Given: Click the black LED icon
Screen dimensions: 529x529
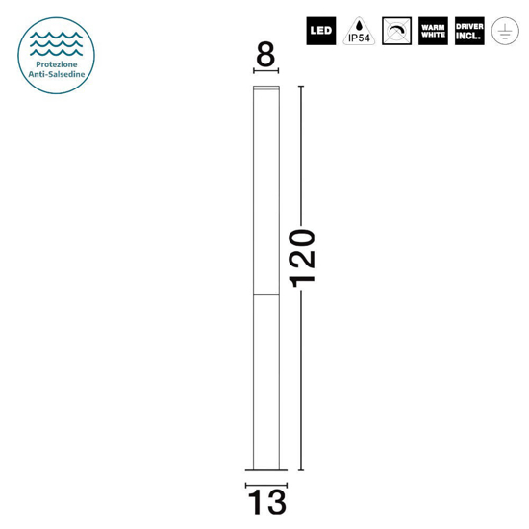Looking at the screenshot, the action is (x=321, y=31).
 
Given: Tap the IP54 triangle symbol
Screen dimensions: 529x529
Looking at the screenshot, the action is (x=359, y=32).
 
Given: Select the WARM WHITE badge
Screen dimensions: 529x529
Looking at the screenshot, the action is (x=433, y=31).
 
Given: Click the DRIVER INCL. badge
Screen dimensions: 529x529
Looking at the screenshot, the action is (x=469, y=31).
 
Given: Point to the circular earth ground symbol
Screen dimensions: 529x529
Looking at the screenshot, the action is (x=505, y=31).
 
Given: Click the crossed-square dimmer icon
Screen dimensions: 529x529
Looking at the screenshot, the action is (x=396, y=31).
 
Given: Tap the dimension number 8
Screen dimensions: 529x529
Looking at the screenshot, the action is (x=265, y=54).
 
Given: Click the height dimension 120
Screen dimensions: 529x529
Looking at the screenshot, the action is (x=303, y=258).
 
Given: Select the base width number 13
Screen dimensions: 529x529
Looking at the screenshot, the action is (x=266, y=502).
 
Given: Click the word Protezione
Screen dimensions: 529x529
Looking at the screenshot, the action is (x=57, y=64).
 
